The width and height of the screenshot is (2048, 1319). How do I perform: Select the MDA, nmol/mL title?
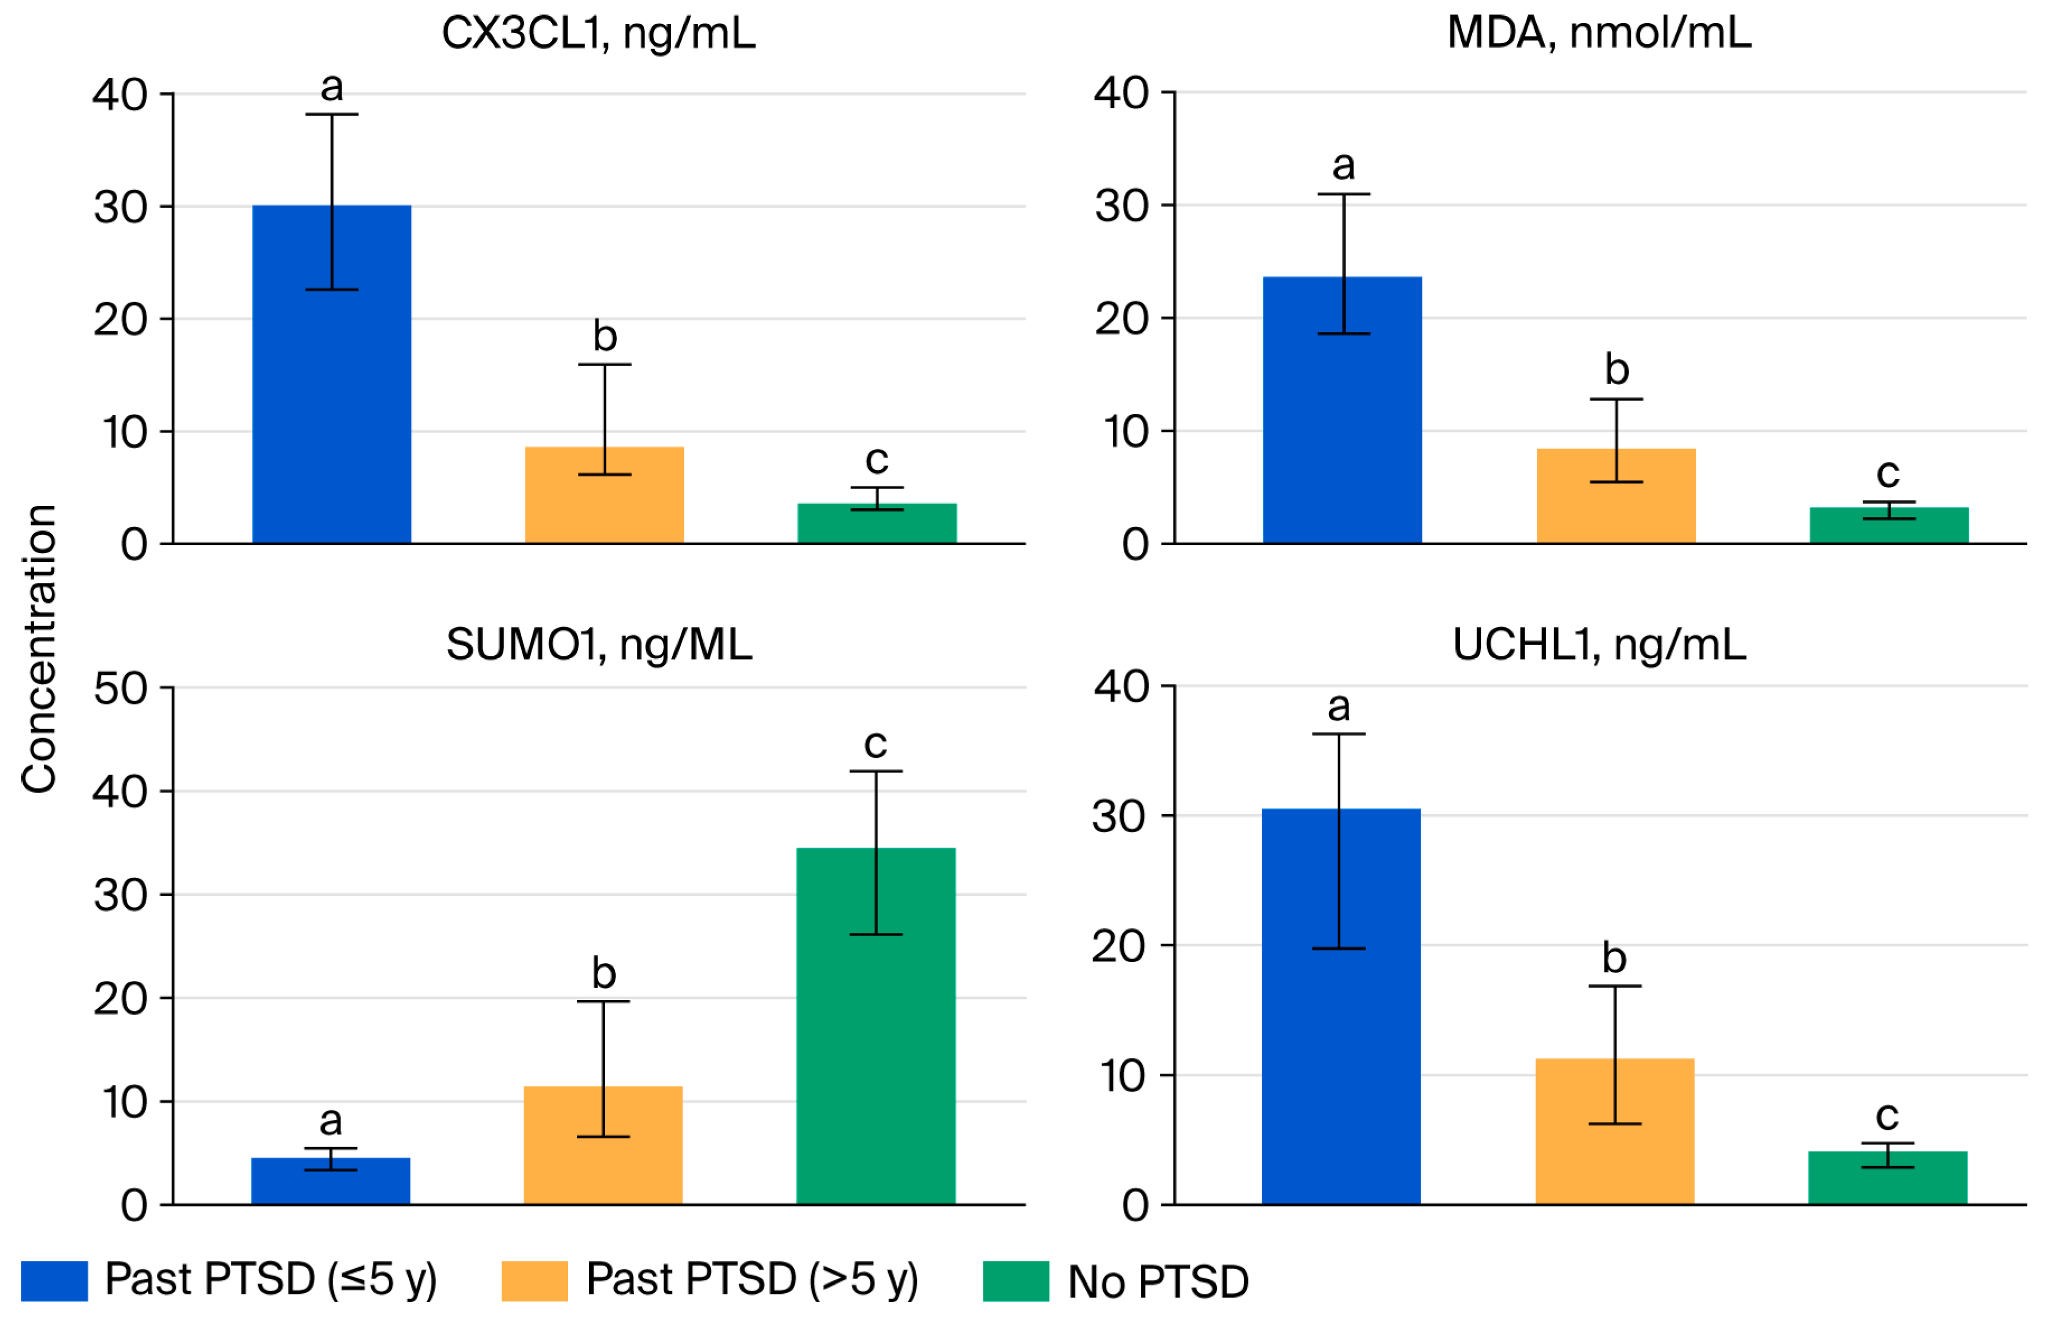[x=1599, y=32]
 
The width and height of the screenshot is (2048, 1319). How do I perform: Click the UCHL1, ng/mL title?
[x=1599, y=644]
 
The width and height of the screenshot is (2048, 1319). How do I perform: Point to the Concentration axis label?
[x=39, y=649]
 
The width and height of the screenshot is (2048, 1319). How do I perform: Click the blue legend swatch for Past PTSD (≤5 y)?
[x=54, y=1280]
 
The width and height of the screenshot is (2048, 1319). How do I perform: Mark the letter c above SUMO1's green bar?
[x=875, y=743]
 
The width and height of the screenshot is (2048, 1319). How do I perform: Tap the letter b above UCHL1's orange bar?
[x=1615, y=957]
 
